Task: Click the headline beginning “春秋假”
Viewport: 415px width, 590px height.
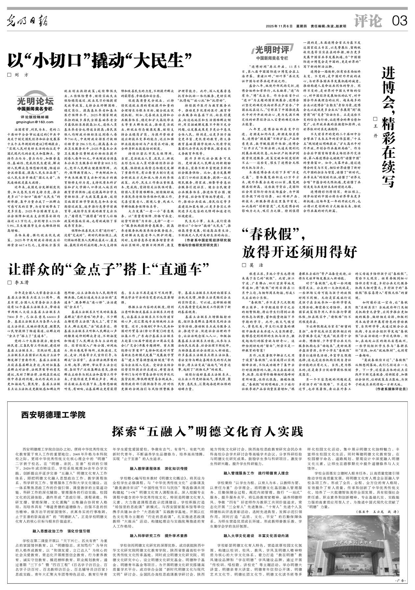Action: (299, 244)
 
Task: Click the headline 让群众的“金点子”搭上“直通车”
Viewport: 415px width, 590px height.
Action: (109, 269)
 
